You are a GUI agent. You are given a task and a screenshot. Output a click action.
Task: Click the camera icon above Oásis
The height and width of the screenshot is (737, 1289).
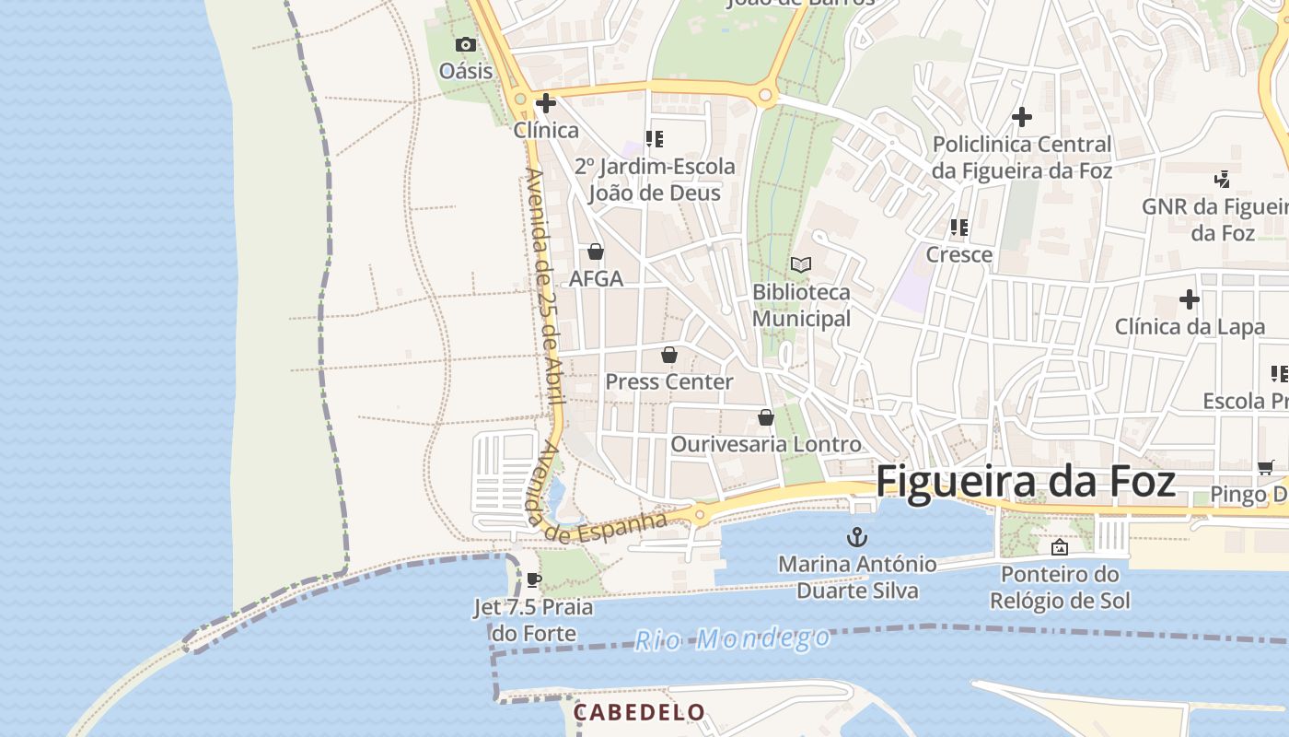coord(466,44)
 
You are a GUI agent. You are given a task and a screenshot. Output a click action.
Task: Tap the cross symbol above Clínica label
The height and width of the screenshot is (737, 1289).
coord(546,103)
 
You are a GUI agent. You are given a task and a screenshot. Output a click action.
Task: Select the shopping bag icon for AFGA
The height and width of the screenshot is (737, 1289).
coord(596,252)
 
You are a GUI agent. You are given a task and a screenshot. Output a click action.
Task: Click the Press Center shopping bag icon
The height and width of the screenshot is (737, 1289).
coord(669,355)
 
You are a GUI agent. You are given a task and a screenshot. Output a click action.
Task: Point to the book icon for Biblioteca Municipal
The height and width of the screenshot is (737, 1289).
coord(801,265)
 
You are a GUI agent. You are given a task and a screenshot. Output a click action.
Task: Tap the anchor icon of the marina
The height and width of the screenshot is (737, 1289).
coord(857,536)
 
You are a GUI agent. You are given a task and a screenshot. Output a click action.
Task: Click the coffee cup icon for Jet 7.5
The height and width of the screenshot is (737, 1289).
coord(533,580)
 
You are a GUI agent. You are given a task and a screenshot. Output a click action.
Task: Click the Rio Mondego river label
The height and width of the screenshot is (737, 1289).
coord(732,638)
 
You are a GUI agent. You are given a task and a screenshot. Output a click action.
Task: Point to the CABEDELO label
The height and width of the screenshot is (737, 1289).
coord(639,712)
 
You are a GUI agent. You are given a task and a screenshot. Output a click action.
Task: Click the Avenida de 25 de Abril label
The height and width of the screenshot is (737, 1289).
coord(543,286)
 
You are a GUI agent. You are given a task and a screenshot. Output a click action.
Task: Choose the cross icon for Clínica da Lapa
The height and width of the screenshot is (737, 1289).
coord(1190,299)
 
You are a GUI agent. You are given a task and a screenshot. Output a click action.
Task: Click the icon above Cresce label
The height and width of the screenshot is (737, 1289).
coord(958,228)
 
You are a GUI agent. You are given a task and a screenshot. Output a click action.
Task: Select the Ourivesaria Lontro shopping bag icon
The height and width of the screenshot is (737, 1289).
coord(765,417)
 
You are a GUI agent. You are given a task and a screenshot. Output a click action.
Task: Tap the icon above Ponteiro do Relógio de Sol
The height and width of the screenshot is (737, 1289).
coord(1060,547)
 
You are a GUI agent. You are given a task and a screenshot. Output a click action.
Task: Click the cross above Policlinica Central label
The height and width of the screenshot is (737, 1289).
coord(1021,117)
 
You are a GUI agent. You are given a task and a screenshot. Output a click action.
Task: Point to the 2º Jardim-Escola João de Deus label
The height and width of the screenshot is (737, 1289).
coord(655,180)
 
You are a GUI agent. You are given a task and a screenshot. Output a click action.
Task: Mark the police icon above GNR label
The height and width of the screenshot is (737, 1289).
coord(1222,179)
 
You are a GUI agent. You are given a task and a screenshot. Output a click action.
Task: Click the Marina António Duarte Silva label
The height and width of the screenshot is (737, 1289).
coord(857,577)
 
